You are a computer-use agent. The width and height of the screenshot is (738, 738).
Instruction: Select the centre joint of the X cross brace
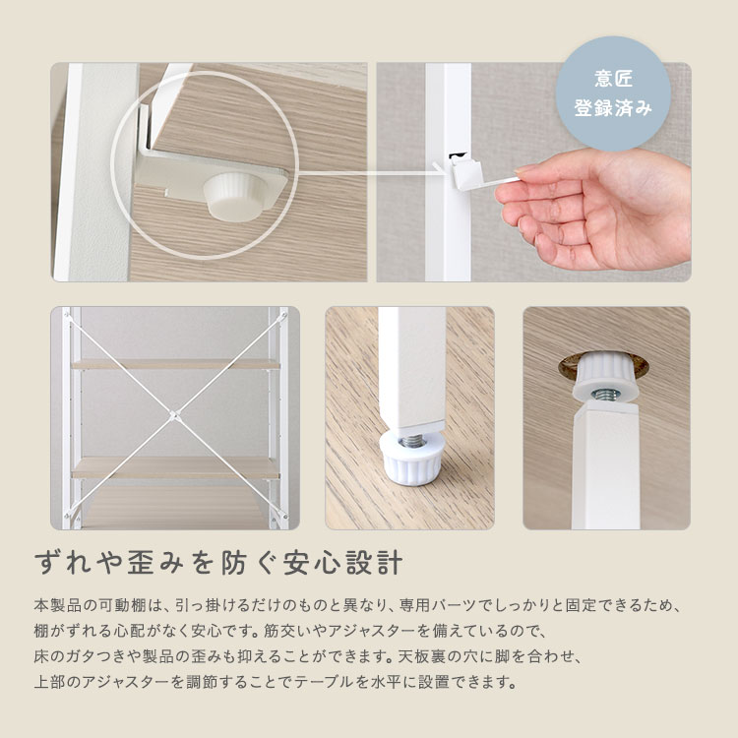[173, 416]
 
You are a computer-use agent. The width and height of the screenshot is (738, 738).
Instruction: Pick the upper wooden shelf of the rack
[175, 364]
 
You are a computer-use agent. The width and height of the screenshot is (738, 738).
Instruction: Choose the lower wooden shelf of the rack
[175, 466]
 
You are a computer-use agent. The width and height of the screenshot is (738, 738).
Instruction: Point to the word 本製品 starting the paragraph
[53, 604]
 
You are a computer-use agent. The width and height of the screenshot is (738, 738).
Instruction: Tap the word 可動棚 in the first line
[105, 604]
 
